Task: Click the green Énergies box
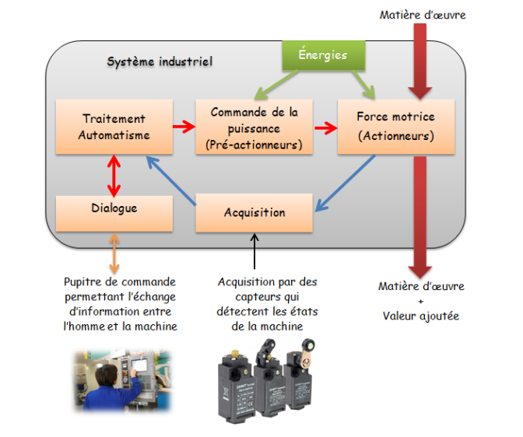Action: point(323,56)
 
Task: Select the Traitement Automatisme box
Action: point(114,127)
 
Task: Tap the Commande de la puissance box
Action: point(254,127)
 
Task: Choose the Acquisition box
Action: point(254,212)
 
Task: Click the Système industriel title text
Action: point(160,61)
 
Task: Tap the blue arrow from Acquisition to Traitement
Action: point(171,180)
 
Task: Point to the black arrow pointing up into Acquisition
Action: point(254,253)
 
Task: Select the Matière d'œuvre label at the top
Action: point(423,15)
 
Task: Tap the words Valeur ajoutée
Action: point(421,315)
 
